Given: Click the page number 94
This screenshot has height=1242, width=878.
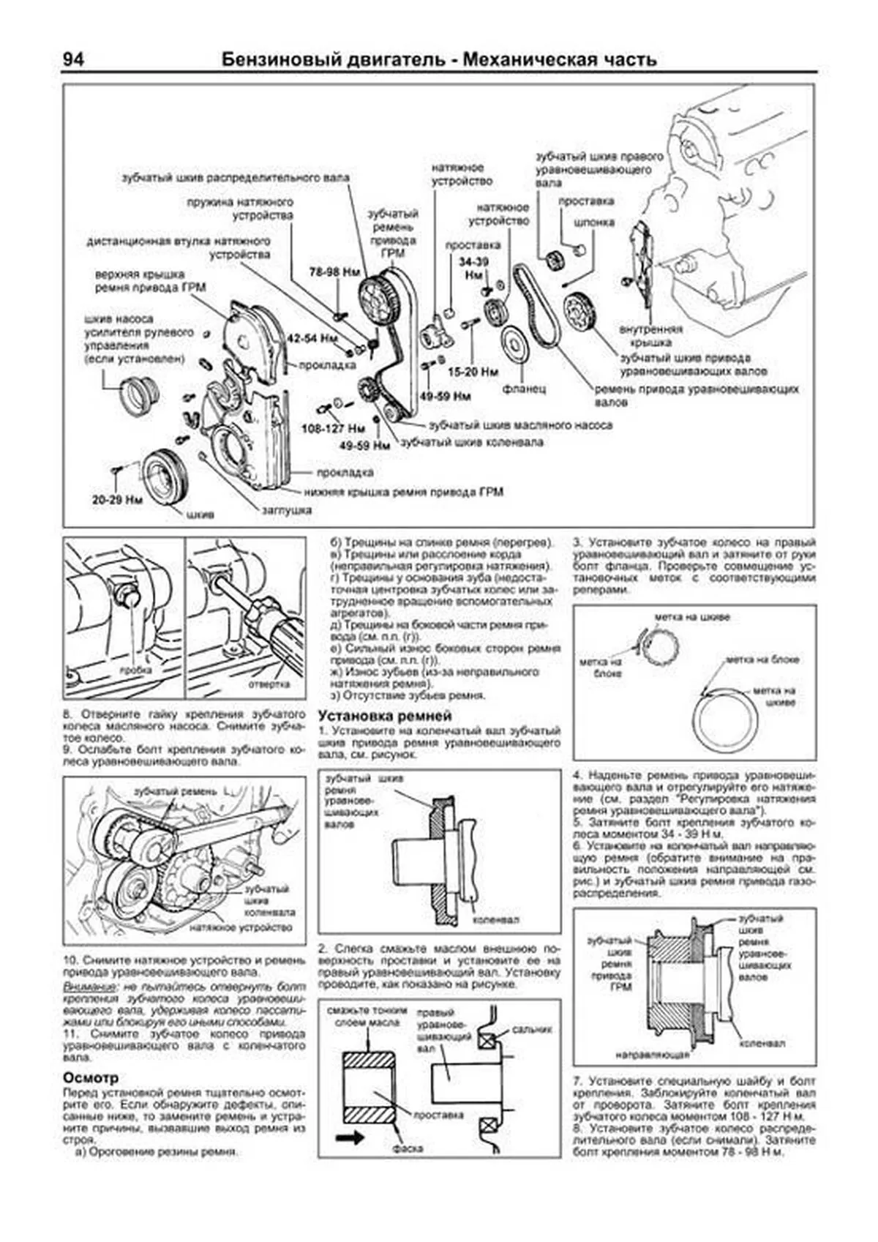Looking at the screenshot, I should pos(73,59).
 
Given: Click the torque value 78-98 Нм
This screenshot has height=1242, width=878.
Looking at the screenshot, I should pos(334,272).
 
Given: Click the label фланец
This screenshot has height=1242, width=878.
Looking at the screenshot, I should pos(524,389).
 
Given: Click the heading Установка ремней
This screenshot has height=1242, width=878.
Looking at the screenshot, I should pos(385,716).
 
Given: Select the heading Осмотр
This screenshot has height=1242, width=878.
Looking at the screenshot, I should pos(90,1078).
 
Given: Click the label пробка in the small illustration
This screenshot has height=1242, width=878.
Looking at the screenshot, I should pos(137,670).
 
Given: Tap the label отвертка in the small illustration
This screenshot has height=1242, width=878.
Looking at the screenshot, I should pos(269,684).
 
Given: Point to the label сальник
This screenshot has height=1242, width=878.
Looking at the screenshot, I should pos(532,1029).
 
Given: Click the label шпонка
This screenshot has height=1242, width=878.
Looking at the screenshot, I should pos(594,222).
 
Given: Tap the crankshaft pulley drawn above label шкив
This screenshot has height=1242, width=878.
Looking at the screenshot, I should pos(166,476).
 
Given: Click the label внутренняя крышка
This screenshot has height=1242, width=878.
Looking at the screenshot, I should pos(650,335).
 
